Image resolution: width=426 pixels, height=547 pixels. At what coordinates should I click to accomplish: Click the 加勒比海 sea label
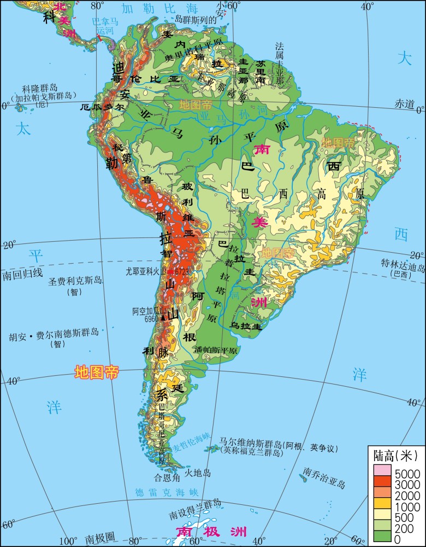152,8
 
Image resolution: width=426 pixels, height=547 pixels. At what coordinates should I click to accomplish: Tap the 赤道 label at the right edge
405,104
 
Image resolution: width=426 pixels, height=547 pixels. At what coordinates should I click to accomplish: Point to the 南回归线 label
22,273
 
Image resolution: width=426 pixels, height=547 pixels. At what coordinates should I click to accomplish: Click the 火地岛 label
198,472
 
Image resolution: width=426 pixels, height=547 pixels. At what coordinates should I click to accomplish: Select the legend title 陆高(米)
395,455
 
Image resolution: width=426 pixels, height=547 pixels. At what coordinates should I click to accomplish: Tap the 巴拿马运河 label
105,26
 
